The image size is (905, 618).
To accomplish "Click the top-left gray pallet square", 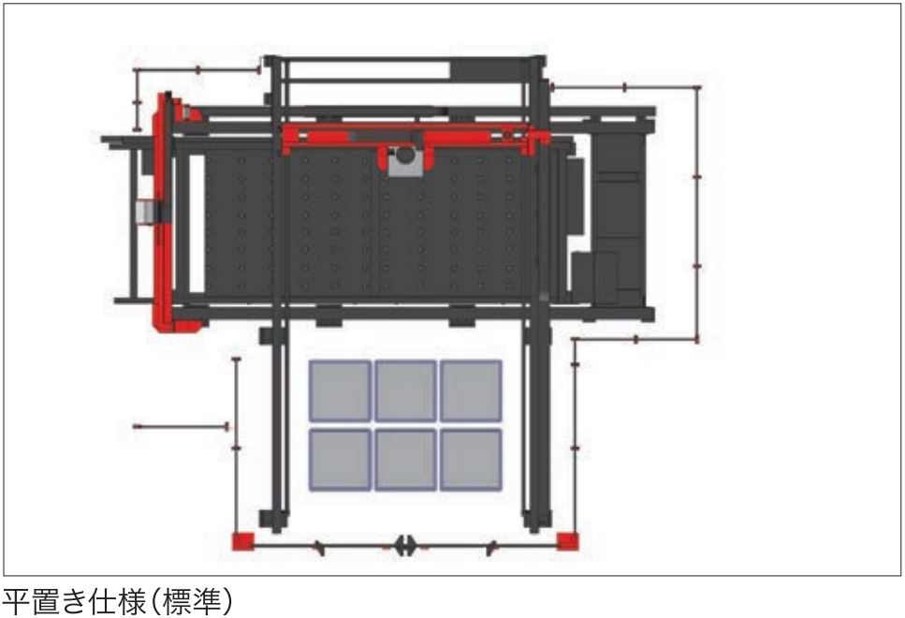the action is (340, 390).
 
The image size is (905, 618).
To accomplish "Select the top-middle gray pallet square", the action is (406, 390).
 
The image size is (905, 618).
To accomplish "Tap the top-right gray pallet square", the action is (471, 390).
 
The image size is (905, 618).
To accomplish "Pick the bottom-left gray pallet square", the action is (340, 459).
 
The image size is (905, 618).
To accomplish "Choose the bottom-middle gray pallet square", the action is (406, 459).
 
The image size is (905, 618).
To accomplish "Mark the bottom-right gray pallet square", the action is (471, 459).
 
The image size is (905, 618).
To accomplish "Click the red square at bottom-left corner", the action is (242, 542).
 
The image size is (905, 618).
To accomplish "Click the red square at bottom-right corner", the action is (567, 541).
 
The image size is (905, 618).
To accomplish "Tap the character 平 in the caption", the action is (16, 602).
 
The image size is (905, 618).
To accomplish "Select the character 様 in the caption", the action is (132, 602).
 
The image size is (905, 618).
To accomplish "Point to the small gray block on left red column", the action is (146, 211).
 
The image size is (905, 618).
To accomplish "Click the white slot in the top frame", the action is (369, 70).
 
